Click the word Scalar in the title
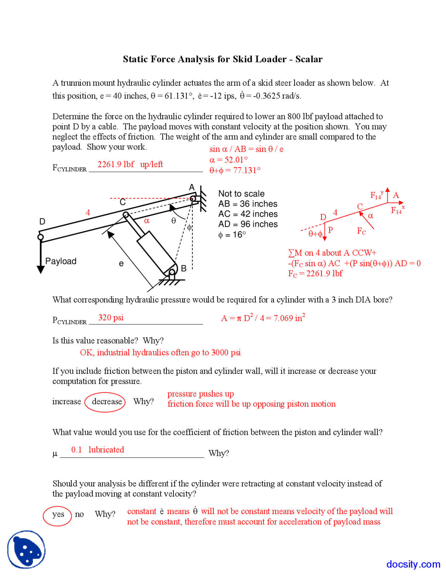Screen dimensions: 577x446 coord(309,59)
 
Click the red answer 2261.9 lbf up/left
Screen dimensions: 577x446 coord(130,164)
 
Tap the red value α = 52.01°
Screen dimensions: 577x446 coord(228,160)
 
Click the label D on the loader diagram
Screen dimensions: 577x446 coord(42,222)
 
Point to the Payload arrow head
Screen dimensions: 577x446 coord(41,269)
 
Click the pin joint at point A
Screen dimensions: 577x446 coord(193,199)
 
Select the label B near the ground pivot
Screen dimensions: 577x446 coord(184,268)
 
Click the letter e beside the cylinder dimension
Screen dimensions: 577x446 coord(121,264)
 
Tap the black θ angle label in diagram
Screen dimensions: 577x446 coord(174,221)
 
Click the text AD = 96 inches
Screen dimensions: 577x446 coord(248,224)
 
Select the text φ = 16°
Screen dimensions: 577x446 coord(232,235)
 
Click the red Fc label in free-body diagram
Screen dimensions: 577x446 coord(361,231)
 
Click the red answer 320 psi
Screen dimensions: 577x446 coord(111,317)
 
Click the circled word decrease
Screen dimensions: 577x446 coord(107,401)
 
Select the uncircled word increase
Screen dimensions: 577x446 coord(67,401)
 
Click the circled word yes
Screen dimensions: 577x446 coord(58,514)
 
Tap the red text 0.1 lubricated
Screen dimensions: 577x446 coord(98,450)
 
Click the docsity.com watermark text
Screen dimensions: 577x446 coord(413,564)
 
